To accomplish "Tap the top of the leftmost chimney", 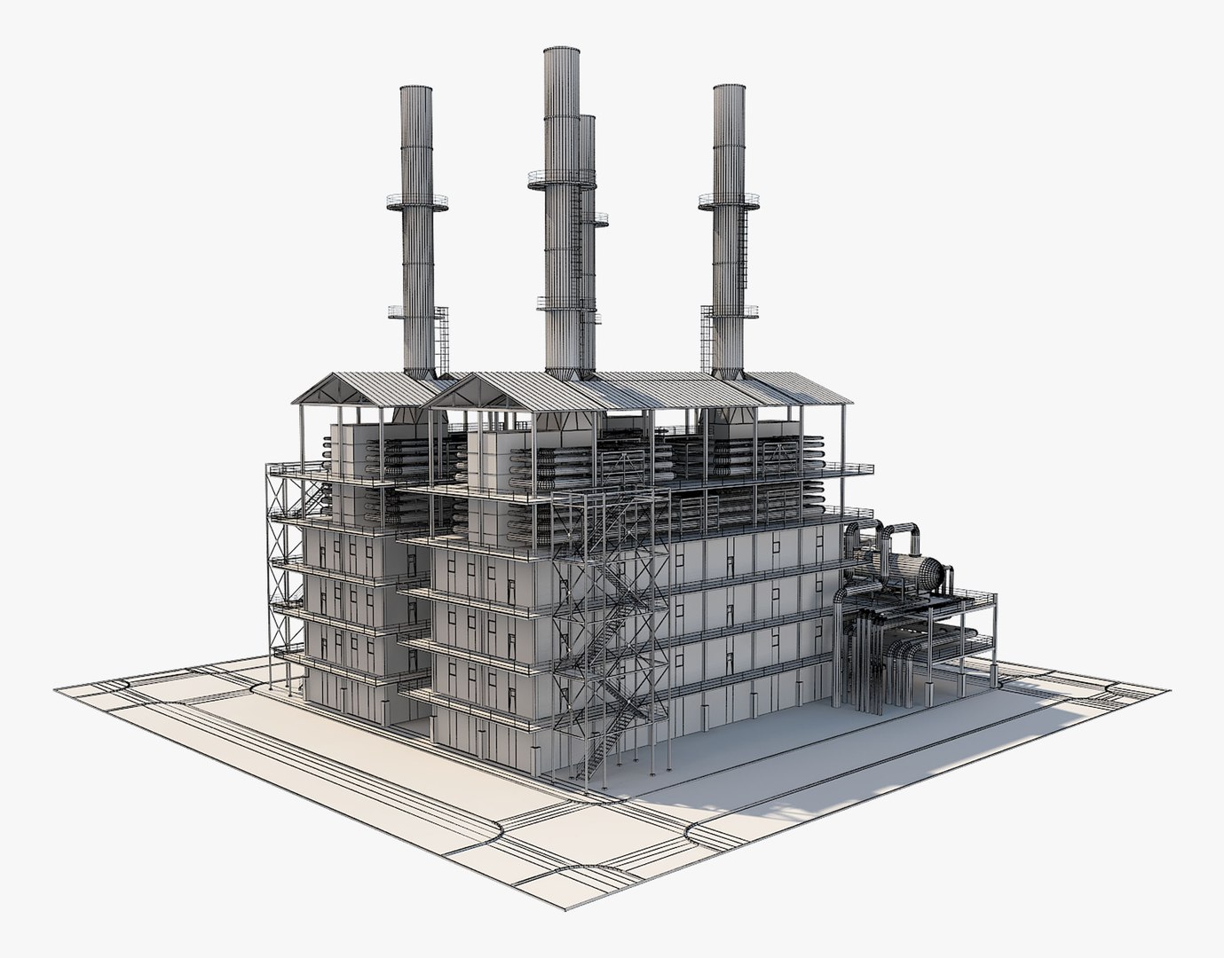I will pos(415,90).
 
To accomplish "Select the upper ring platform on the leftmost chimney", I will pos(416,202).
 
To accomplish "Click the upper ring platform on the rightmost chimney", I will pos(729,201).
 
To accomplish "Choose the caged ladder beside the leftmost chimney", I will pos(441,342).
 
